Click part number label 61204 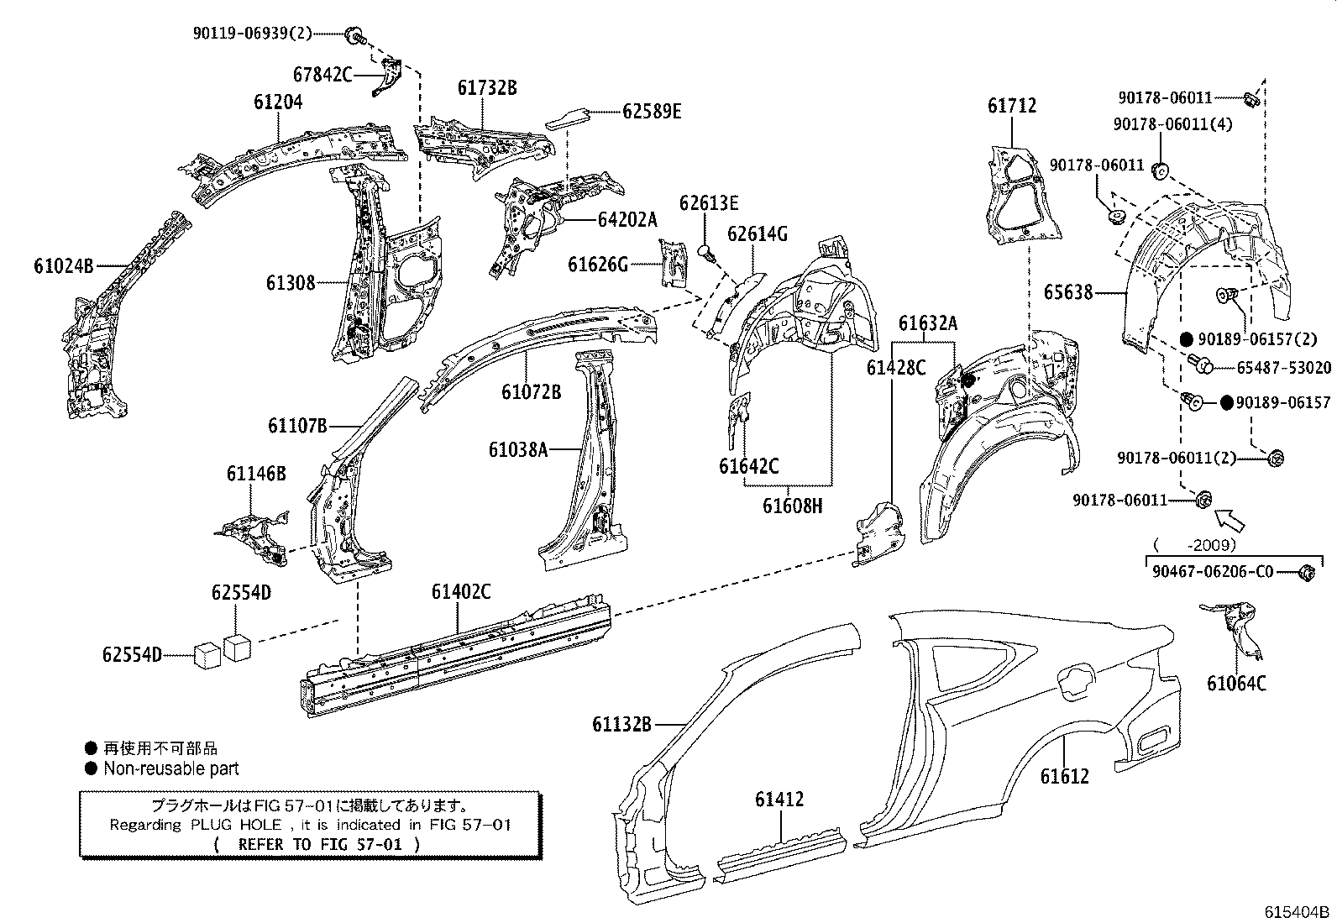278,102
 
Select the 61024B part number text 63,266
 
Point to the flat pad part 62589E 568,117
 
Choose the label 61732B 487,87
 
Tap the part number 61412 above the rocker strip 779,799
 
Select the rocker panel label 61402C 461,591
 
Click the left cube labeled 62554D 207,654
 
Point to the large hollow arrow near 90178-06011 1230,520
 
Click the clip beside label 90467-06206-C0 1306,574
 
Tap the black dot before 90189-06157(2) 1185,339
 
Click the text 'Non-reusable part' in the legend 171,768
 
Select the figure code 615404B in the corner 1298,912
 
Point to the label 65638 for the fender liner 1068,292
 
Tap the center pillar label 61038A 518,450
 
